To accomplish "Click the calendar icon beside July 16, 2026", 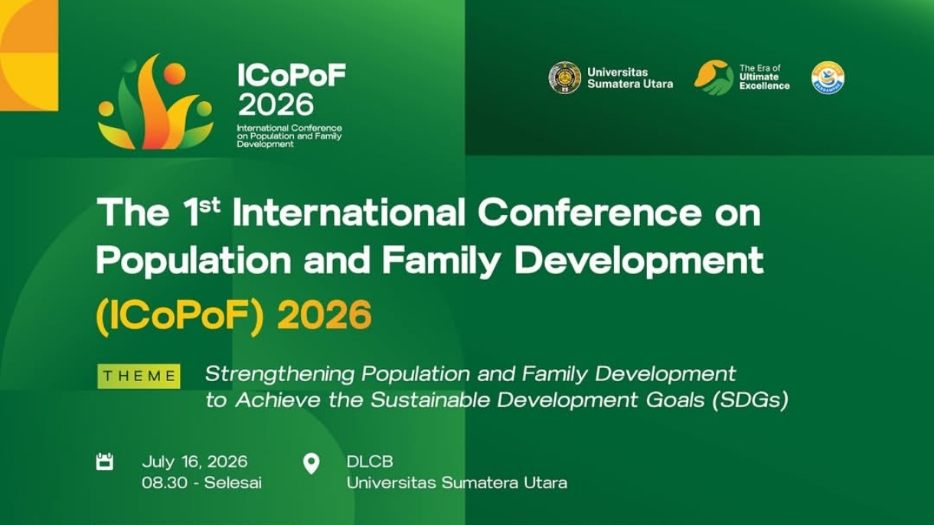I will click(105, 461).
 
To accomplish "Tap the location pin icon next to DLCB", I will click(311, 464).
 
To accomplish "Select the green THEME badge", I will click(139, 376).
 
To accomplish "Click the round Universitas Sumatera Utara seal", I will click(564, 78).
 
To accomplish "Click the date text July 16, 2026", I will click(194, 461).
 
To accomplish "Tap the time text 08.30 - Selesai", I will click(201, 483).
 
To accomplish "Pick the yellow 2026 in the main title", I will click(324, 315).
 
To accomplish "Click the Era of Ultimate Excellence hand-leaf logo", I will click(714, 77).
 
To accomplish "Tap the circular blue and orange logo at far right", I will click(828, 77).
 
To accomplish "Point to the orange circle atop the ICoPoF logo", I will click(175, 74).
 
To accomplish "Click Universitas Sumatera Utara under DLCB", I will click(456, 483).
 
